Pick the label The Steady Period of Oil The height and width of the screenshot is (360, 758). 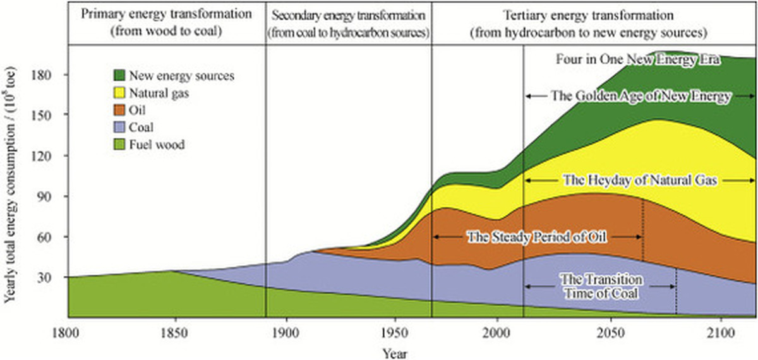pos(536,237)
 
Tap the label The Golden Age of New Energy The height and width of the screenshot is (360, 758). pos(641,96)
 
